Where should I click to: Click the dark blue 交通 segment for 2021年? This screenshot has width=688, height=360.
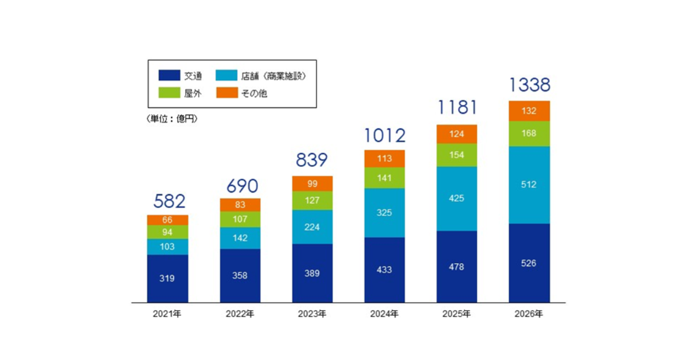click(x=167, y=278)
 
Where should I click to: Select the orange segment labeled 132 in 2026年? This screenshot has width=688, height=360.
click(x=529, y=111)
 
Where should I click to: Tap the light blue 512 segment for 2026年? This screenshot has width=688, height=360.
click(x=529, y=185)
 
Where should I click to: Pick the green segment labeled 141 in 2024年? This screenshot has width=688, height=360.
click(x=385, y=178)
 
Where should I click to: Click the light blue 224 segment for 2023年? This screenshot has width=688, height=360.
click(x=312, y=227)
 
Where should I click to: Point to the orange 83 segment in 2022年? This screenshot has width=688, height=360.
click(x=240, y=205)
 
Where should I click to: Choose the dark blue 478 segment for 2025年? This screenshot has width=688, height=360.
click(x=457, y=267)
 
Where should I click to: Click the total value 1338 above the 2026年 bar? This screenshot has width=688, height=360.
click(x=529, y=85)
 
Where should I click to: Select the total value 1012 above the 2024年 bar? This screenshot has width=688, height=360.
click(x=385, y=135)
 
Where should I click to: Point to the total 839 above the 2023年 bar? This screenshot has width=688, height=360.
click(x=312, y=160)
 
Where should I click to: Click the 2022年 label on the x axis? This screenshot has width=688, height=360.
click(x=240, y=314)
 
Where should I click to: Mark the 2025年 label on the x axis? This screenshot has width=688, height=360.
click(x=457, y=314)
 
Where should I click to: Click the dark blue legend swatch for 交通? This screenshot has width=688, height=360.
click(x=169, y=76)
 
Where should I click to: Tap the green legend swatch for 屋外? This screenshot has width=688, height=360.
click(x=169, y=93)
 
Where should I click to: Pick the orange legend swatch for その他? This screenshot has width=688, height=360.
click(x=226, y=93)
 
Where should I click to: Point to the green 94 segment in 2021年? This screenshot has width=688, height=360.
click(x=167, y=232)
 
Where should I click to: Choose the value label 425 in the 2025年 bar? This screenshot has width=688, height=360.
click(x=457, y=198)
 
